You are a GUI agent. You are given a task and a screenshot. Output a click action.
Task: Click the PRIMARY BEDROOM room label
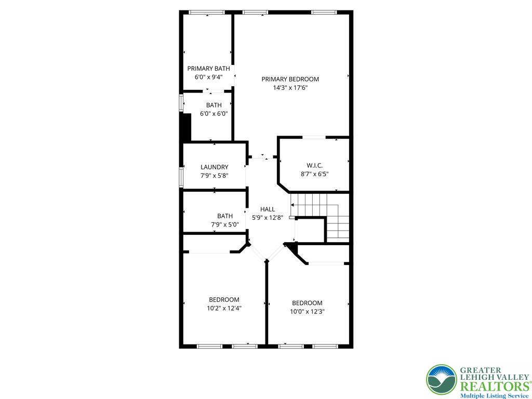(290, 79)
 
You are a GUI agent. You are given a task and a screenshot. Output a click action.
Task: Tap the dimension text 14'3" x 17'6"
(290, 88)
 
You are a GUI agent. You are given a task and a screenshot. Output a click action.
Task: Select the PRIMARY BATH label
(208, 68)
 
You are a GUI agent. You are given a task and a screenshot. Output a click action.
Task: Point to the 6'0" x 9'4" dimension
(208, 77)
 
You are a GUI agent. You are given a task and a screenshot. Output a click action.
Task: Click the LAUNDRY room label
(214, 167)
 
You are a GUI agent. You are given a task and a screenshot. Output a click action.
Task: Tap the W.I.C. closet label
(315, 165)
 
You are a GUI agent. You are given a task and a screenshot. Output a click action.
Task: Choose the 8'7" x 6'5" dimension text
(315, 174)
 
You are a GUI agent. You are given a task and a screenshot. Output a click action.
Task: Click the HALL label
(268, 209)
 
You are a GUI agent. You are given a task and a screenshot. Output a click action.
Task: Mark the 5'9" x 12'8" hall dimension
(268, 218)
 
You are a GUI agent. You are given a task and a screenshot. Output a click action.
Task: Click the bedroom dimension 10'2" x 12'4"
(224, 308)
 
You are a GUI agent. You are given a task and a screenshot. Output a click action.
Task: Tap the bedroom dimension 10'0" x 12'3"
(307, 312)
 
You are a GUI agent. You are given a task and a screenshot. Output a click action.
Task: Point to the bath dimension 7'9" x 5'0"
(225, 224)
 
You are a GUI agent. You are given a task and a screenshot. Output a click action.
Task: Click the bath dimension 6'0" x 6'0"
(214, 114)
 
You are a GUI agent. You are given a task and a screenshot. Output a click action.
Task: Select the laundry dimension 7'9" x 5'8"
(214, 176)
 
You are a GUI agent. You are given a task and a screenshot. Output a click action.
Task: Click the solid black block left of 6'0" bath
(185, 127)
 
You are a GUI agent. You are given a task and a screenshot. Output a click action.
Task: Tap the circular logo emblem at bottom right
(441, 380)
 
